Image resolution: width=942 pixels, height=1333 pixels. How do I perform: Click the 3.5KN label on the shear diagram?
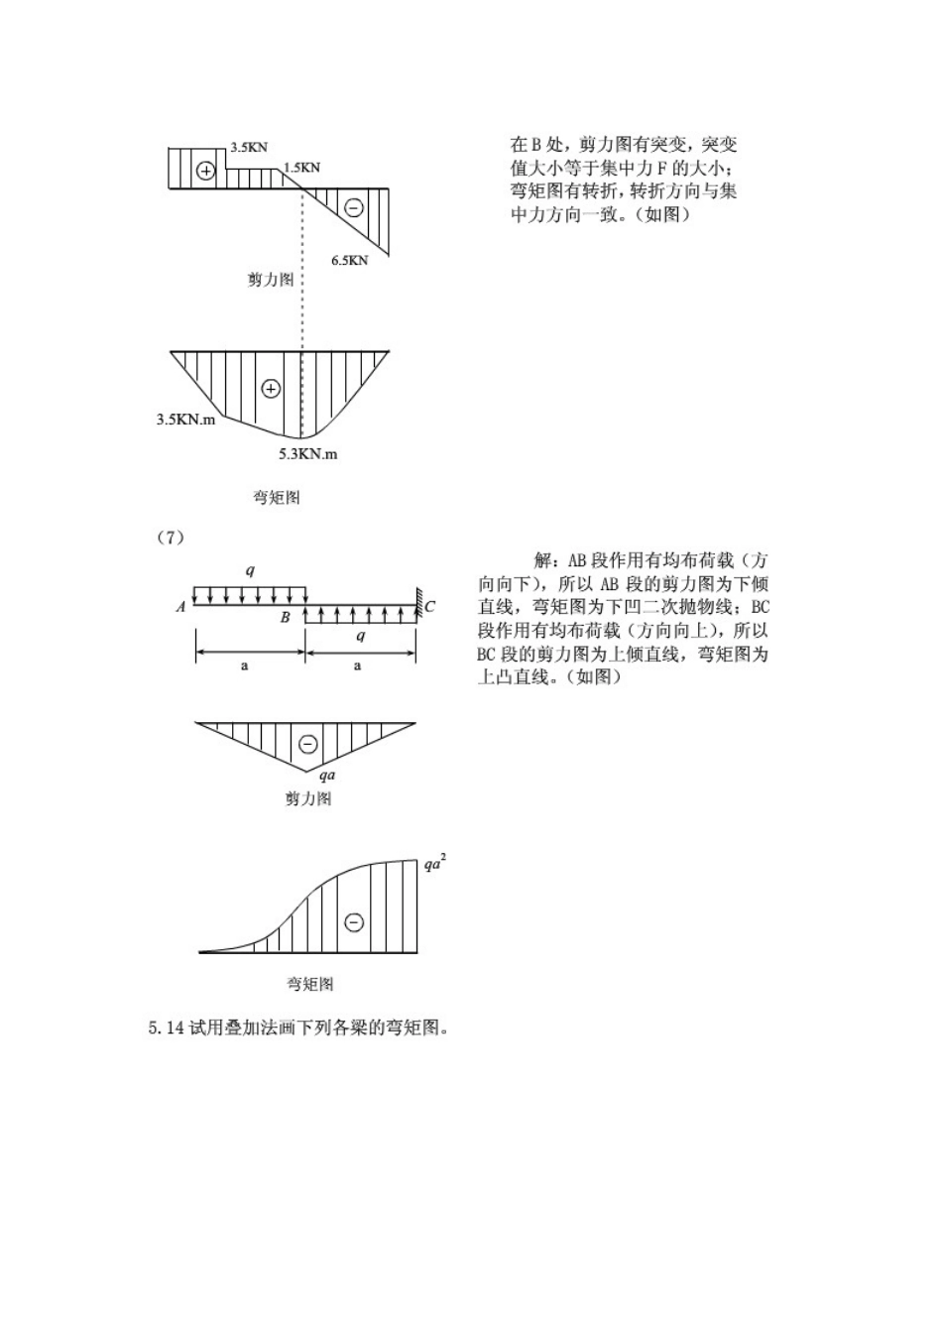click(249, 148)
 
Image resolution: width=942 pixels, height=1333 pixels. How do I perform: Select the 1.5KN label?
click(301, 168)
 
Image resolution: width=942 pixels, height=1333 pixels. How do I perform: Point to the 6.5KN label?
click(349, 261)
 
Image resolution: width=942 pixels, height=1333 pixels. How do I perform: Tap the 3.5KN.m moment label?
click(185, 420)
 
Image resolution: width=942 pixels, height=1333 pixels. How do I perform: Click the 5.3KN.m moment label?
click(307, 454)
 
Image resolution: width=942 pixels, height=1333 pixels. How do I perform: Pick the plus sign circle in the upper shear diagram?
click(205, 171)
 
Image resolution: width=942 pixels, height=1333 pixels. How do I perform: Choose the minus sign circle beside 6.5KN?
click(353, 207)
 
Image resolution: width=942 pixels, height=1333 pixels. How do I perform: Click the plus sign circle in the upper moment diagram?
click(271, 389)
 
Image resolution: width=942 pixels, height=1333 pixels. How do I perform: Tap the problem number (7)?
click(171, 538)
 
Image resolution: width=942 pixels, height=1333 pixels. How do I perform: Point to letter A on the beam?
click(180, 607)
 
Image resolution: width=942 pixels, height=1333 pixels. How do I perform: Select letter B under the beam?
click(286, 618)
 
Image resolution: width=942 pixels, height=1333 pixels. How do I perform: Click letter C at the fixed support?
click(430, 607)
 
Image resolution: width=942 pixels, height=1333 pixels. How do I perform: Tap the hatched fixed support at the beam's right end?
click(419, 601)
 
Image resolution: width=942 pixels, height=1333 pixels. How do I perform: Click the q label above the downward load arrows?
click(250, 570)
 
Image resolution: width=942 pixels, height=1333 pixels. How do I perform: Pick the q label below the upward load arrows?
click(360, 636)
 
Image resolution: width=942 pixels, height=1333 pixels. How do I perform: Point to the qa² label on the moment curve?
click(434, 863)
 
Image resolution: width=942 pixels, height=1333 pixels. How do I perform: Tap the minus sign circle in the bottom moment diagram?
click(354, 921)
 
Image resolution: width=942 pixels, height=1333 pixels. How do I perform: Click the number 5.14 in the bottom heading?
click(167, 1029)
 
